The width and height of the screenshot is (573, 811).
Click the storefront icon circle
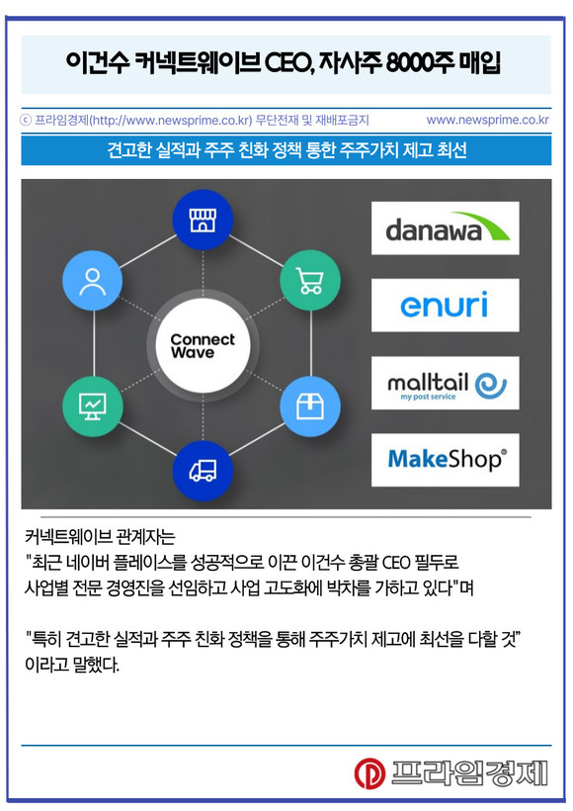[203, 220]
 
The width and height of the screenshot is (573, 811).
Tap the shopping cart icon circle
[310, 280]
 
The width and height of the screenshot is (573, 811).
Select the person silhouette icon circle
[93, 280]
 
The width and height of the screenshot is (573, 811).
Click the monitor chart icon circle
[93, 406]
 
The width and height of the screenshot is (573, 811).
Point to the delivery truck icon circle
[203, 471]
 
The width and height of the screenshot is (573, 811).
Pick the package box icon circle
[310, 406]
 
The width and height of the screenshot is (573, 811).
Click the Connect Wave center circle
[203, 345]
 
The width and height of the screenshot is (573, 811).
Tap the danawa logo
[446, 228]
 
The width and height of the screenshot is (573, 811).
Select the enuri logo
[446, 306]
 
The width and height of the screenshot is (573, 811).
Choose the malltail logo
[446, 383]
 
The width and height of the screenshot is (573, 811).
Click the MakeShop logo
[446, 460]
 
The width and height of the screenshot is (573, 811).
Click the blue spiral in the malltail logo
[490, 386]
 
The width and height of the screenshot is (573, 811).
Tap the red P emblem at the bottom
[369, 773]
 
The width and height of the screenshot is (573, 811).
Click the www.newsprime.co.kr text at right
[487, 120]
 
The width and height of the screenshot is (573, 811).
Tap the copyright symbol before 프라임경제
[26, 121]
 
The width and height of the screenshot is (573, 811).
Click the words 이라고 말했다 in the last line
[72, 664]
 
